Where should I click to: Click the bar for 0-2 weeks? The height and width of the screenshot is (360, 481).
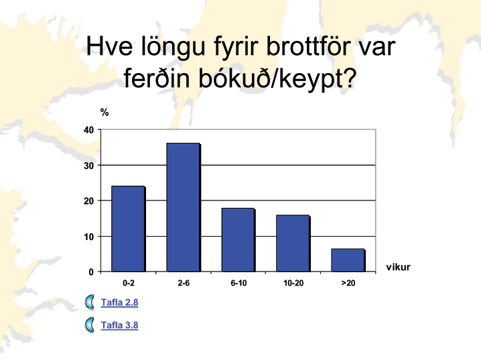click(x=129, y=229)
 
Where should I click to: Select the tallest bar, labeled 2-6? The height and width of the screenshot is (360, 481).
click(x=184, y=207)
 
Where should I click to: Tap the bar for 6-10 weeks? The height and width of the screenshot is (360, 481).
click(x=238, y=240)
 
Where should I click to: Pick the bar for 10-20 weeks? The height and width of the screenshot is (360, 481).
click(x=293, y=243)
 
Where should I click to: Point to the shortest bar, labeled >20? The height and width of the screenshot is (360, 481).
click(x=348, y=260)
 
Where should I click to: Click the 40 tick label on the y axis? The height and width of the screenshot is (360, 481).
click(x=88, y=130)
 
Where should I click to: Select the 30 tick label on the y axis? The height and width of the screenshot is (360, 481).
click(x=88, y=166)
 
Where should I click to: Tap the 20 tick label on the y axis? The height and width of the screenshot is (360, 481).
click(x=88, y=201)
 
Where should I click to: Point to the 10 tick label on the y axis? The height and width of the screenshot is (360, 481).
click(x=88, y=237)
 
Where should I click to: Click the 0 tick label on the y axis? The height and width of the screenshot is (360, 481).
click(x=91, y=272)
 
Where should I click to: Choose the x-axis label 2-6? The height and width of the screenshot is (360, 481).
click(x=184, y=283)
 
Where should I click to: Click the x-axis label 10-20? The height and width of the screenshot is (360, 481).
click(x=293, y=283)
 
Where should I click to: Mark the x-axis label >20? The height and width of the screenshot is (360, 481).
click(x=348, y=283)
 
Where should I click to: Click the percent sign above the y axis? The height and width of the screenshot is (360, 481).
click(x=105, y=113)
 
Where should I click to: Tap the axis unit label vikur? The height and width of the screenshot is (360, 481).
click(x=398, y=267)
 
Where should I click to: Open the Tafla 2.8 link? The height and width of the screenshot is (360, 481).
click(x=120, y=302)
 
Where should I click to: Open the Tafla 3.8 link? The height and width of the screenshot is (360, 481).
click(x=120, y=325)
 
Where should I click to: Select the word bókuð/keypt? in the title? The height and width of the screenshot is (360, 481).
click(x=277, y=79)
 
